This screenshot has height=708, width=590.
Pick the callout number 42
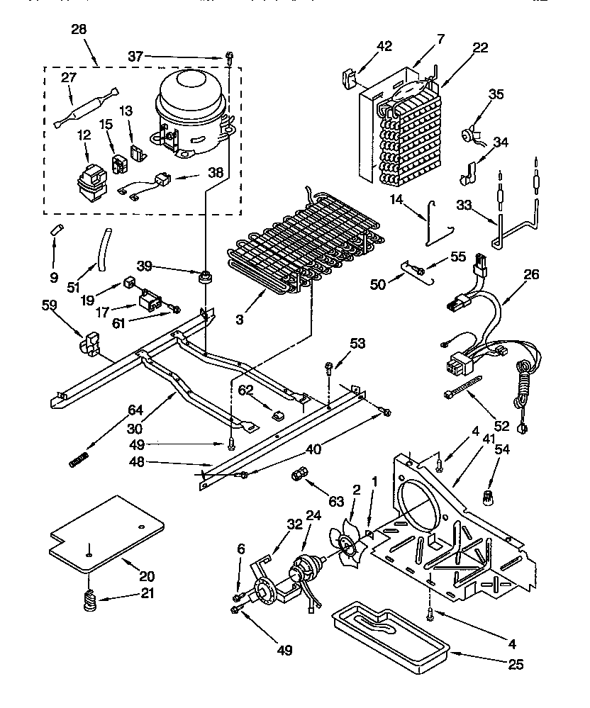pos(384,47)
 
